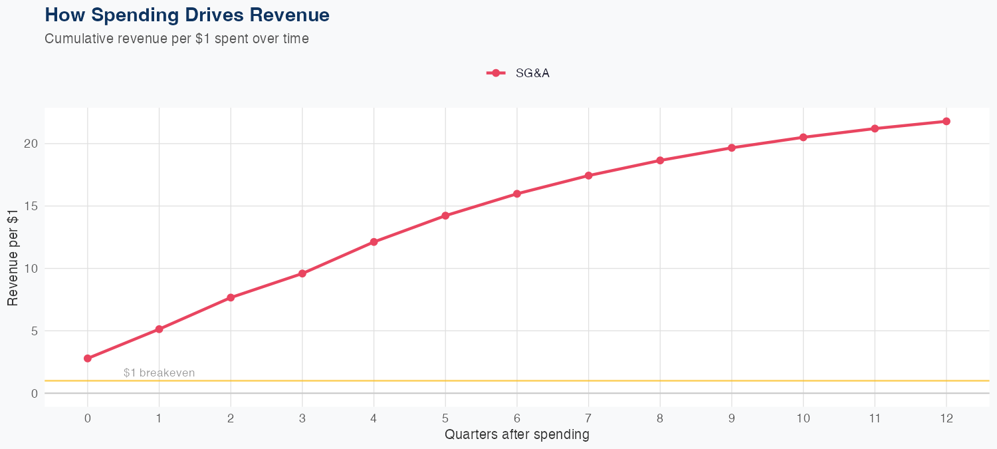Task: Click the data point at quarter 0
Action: point(88,359)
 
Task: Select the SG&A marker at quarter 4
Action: point(374,242)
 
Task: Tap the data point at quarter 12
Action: point(946,121)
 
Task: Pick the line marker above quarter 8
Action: point(660,160)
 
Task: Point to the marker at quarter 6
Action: point(517,194)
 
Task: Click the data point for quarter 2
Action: point(231,297)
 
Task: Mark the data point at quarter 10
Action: point(803,137)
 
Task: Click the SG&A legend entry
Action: point(518,73)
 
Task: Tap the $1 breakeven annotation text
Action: point(160,373)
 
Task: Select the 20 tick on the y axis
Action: point(31,144)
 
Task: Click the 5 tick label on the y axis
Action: point(33,331)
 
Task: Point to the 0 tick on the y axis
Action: point(33,394)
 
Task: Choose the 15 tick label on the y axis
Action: point(31,206)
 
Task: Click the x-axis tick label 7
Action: point(588,418)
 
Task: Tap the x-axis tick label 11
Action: point(875,418)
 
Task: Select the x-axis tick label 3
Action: point(302,418)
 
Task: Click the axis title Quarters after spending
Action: point(516,435)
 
